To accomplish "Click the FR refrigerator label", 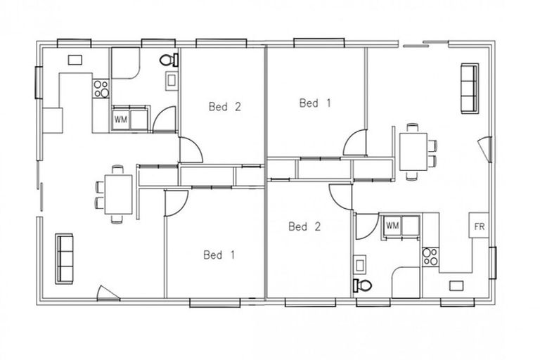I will coord(480,226).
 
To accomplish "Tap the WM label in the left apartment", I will coord(120,119).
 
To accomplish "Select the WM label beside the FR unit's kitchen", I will coord(392,226).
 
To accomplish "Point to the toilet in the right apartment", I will coord(362,285).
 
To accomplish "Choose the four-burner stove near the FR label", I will coord(430,257).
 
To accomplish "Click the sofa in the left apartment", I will coord(65,258).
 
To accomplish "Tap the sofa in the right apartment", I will coord(469,88).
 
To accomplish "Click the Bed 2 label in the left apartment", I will coord(225,107).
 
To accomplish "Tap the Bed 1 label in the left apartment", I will coord(219,255).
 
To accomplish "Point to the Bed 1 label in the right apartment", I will coord(315,103).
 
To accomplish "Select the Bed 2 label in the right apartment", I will coord(305,226).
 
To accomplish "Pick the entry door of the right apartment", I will coord(483,149).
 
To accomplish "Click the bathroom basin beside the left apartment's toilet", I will coord(171,82).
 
